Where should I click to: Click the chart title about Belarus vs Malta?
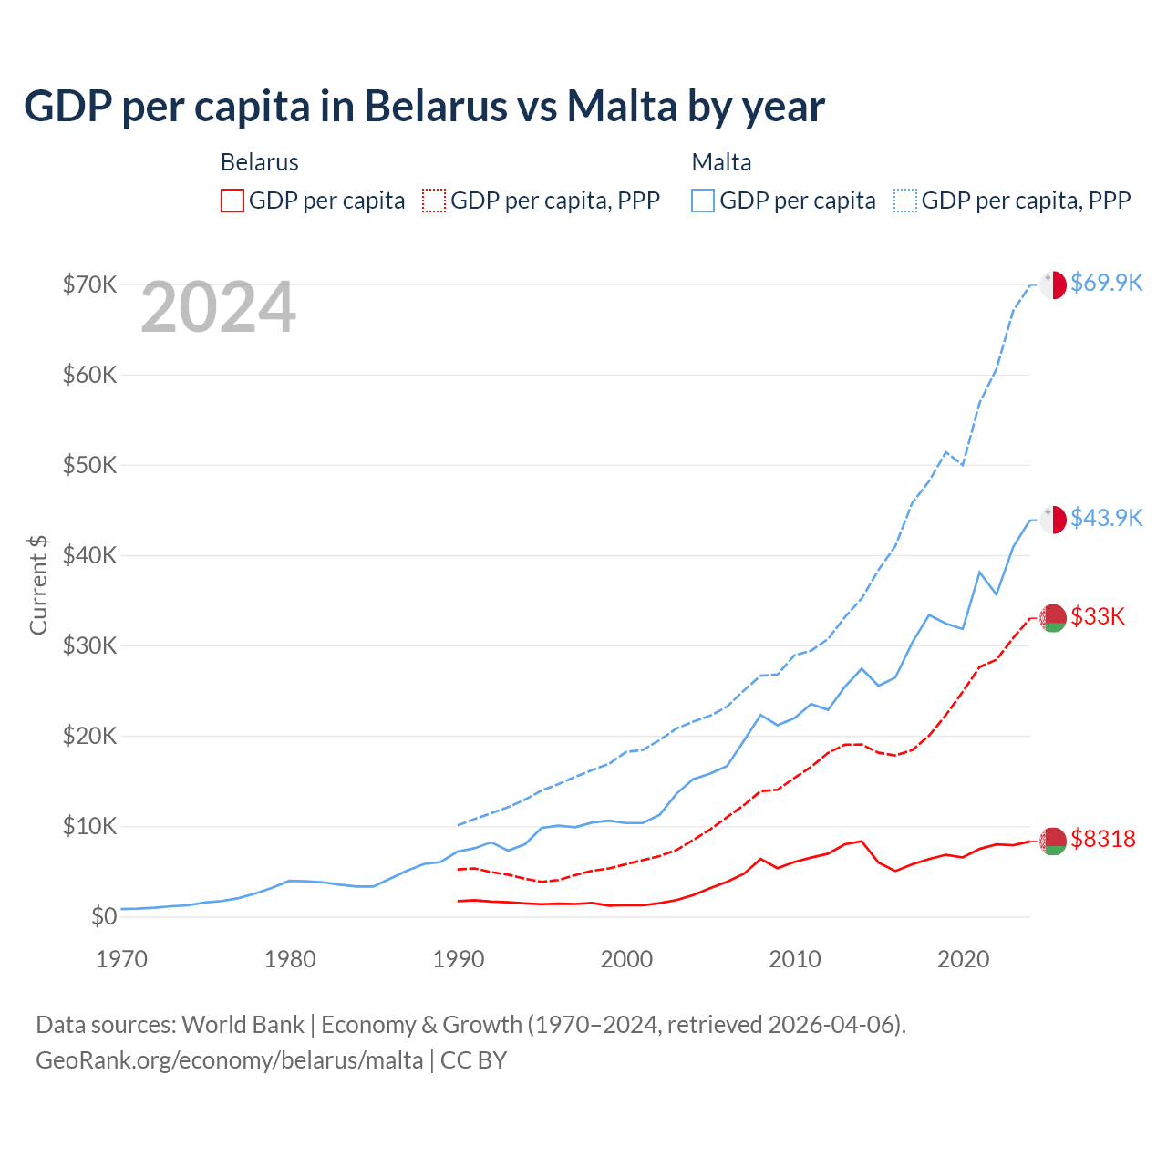pos(424,107)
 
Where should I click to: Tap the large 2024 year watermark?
pos(218,308)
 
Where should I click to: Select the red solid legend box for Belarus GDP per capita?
pos(232,201)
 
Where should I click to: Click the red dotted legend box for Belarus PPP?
pos(434,201)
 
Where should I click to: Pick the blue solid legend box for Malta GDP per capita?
pos(703,201)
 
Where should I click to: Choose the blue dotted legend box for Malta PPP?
pos(905,201)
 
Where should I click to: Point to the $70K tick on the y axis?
pos(89,284)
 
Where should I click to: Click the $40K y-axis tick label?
pos(89,555)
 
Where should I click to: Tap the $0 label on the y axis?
pos(104,916)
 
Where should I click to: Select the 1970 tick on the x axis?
pos(121,959)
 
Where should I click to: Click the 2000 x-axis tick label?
pos(626,959)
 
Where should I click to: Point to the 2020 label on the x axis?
pos(964,959)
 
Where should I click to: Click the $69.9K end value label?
pos(1107,283)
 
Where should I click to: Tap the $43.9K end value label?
pos(1107,518)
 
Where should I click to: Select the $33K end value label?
pos(1098,616)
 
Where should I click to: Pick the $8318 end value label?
pos(1103,839)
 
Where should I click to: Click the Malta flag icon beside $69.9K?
pos(1053,284)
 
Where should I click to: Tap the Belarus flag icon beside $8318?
pos(1053,842)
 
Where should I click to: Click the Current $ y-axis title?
pos(38,585)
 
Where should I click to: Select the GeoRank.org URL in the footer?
pos(230,1060)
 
